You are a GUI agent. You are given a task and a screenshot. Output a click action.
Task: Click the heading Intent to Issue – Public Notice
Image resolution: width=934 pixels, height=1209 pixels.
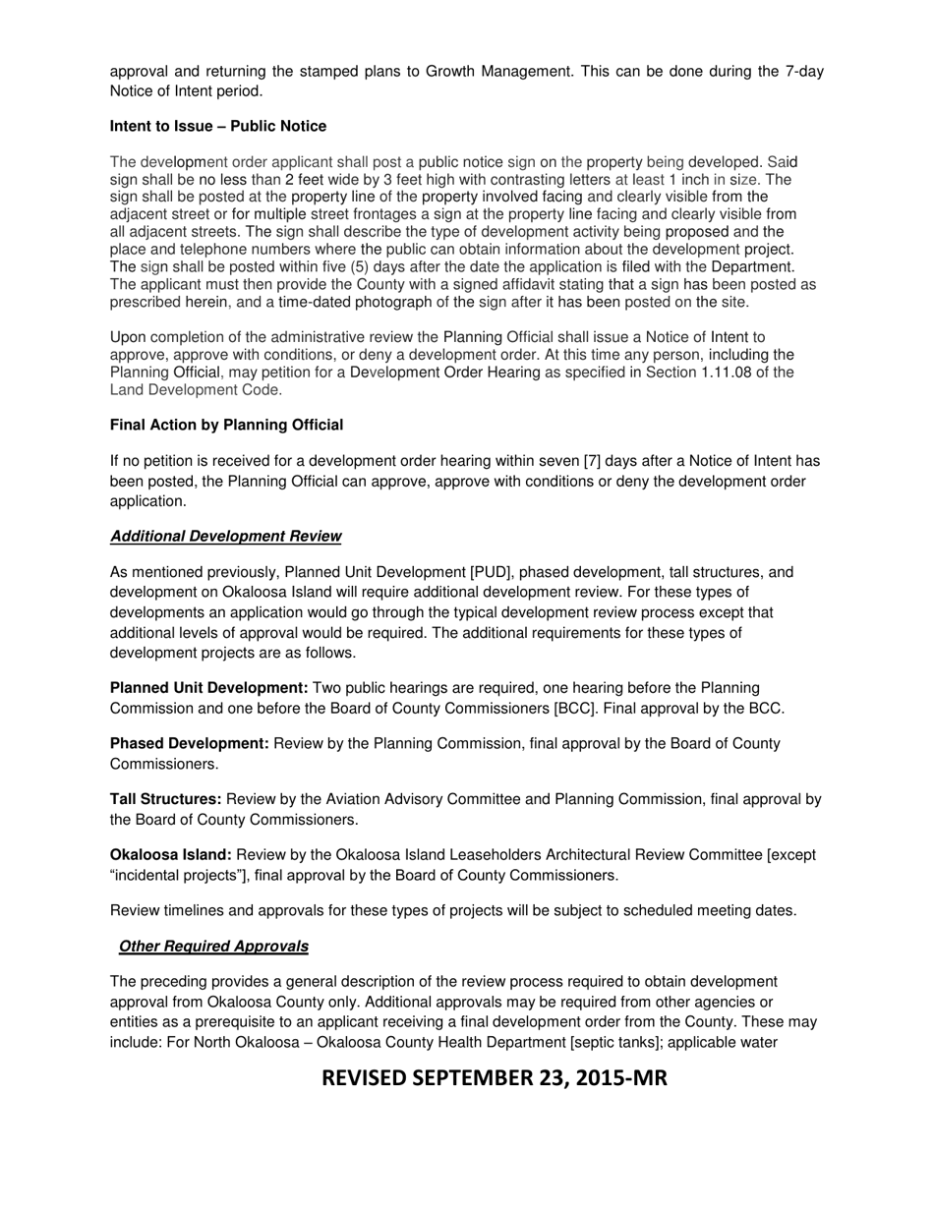tap(218, 127)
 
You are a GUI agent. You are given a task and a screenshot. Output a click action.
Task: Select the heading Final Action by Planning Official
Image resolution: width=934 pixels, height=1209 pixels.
tap(226, 426)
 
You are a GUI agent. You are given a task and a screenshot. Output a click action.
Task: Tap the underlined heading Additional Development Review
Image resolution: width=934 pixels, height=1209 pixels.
tap(225, 537)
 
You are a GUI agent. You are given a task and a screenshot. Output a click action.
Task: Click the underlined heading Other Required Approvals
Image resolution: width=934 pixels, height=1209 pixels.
tap(213, 947)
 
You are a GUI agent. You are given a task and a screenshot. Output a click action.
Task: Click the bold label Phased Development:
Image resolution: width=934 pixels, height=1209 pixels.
tap(189, 743)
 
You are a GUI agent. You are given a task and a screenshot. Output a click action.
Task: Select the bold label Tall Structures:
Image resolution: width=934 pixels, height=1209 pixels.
tap(165, 799)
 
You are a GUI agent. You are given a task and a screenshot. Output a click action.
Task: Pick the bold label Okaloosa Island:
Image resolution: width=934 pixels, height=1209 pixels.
tap(170, 855)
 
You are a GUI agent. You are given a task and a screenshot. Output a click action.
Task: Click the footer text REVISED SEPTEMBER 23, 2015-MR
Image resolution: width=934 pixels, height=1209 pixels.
tap(495, 1078)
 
